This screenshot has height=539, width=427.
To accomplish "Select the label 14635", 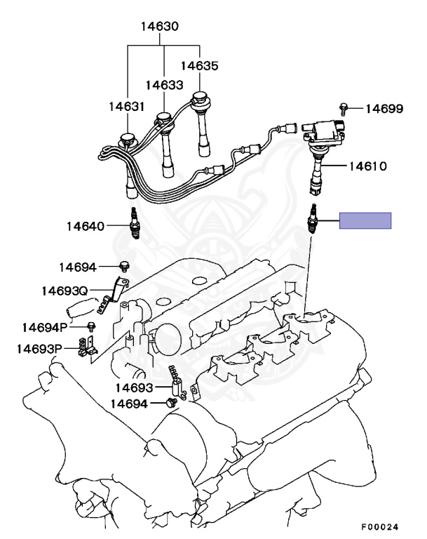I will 199,66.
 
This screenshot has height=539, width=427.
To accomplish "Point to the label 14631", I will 126,107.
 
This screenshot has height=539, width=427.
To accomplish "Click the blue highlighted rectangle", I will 365,220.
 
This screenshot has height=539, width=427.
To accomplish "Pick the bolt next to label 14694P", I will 92,326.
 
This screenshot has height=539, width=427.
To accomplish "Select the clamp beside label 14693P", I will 89,347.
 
